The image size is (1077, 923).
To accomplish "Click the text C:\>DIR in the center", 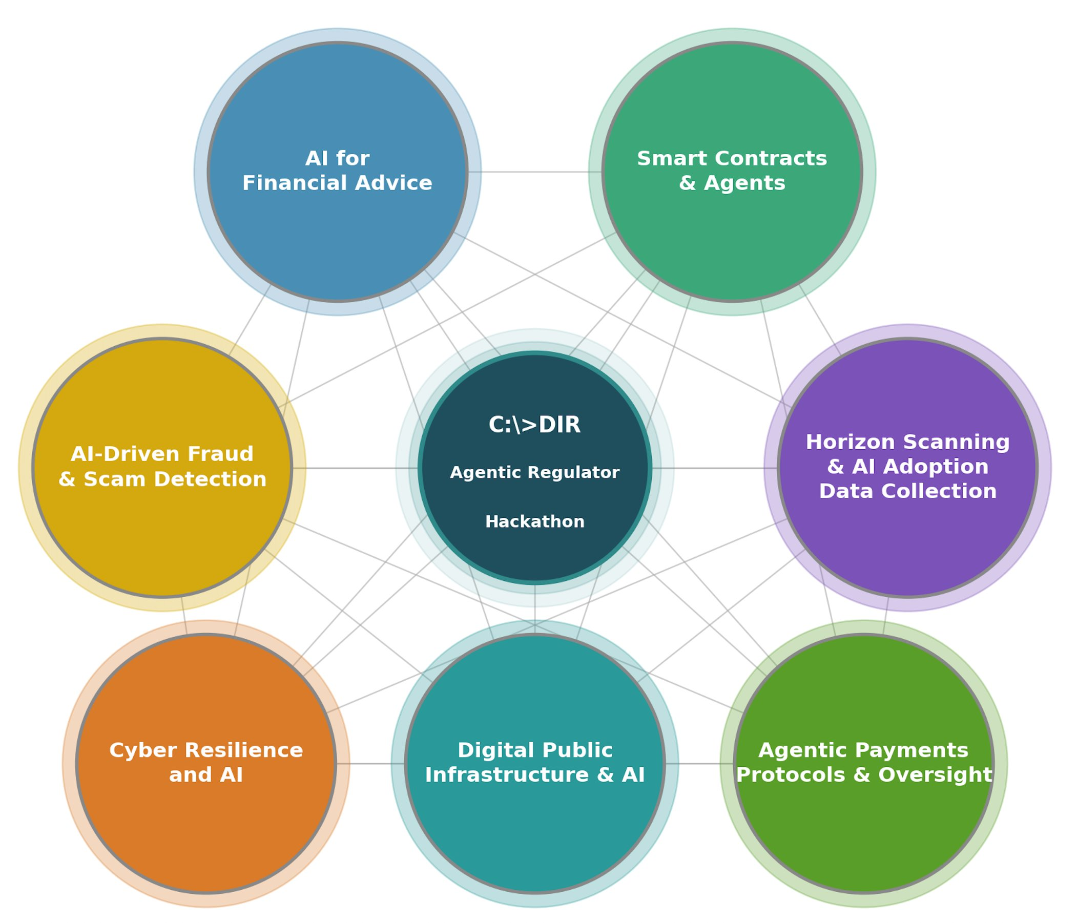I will coord(534,425).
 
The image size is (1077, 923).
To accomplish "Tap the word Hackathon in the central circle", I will coord(534,522).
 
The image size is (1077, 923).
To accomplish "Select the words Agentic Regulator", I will coord(534,472).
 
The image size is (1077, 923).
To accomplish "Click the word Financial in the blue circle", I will coord(298,183).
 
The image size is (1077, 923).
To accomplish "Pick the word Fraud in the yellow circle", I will coord(220,454).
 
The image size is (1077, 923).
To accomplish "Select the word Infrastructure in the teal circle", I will coord(507,775).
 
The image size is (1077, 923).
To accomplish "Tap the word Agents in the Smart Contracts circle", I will coord(744,183).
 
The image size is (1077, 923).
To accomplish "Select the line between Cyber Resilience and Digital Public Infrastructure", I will coord(370,764).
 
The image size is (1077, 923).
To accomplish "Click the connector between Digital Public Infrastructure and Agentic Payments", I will coord(699,764).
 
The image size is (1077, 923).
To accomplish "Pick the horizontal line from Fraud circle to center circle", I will coord(355,468).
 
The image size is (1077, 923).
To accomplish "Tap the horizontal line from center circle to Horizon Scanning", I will coord(715,468).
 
